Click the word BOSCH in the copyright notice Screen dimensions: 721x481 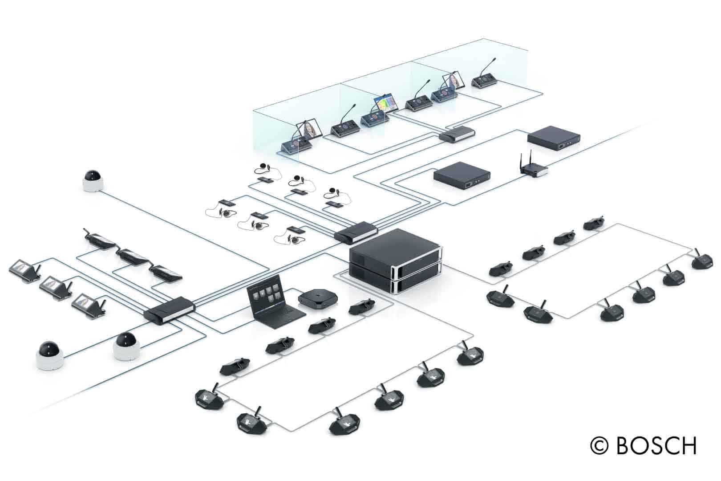[656, 446]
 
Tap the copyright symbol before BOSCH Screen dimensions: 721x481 [599, 446]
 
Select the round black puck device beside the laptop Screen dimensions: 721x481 [318, 298]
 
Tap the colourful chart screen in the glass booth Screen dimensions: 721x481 [386, 104]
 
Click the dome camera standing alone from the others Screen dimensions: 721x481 [93, 181]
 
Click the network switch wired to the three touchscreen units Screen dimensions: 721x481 [170, 310]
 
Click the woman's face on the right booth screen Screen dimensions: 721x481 [453, 80]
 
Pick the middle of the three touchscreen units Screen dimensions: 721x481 [56, 288]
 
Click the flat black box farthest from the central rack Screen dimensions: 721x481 [554, 138]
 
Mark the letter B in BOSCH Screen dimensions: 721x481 [624, 446]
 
